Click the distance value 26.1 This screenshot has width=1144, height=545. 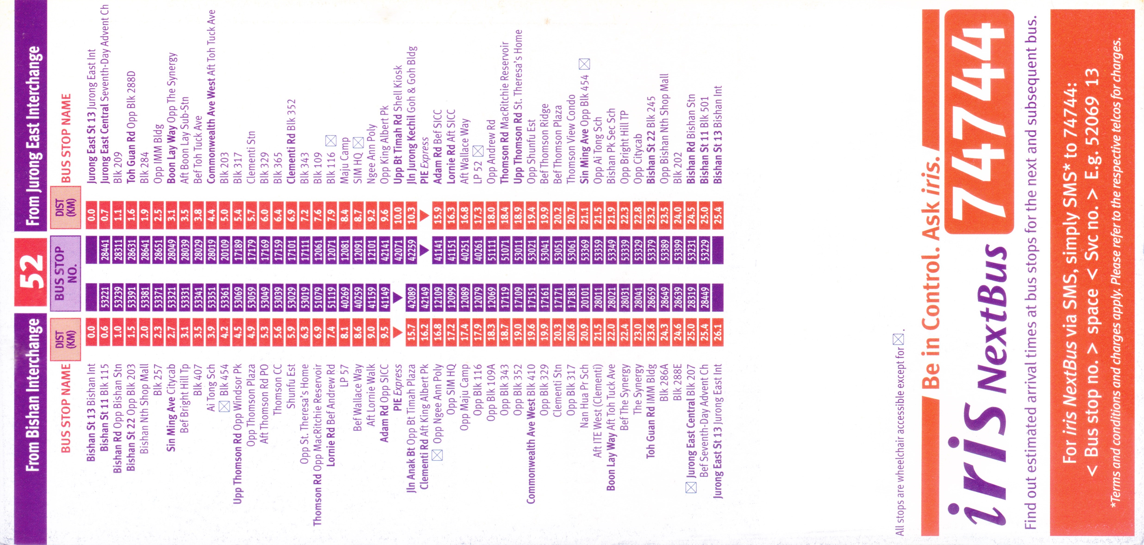(718, 331)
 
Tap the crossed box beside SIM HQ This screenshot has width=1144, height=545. (358, 143)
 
